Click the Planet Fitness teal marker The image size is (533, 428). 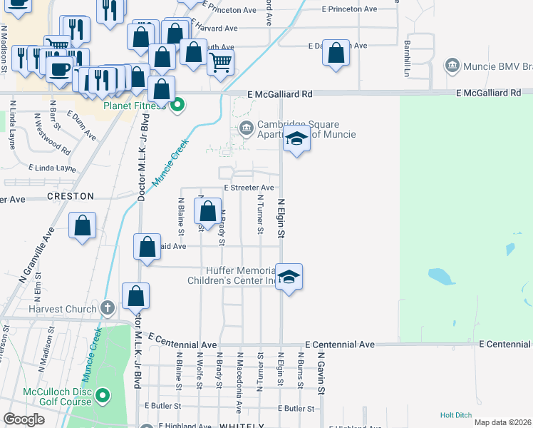[x=177, y=107]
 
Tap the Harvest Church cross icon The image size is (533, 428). [x=107, y=308]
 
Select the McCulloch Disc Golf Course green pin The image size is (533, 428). [x=103, y=395]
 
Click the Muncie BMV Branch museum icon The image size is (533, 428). [x=452, y=66]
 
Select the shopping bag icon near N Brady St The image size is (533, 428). [x=207, y=211]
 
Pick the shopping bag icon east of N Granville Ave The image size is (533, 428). [x=83, y=225]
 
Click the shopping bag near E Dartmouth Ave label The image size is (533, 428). [x=336, y=53]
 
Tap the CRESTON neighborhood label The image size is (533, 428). [x=71, y=196]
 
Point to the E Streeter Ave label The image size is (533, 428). [x=249, y=188]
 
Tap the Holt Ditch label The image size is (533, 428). [x=457, y=414]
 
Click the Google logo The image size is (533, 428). [x=24, y=419]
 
